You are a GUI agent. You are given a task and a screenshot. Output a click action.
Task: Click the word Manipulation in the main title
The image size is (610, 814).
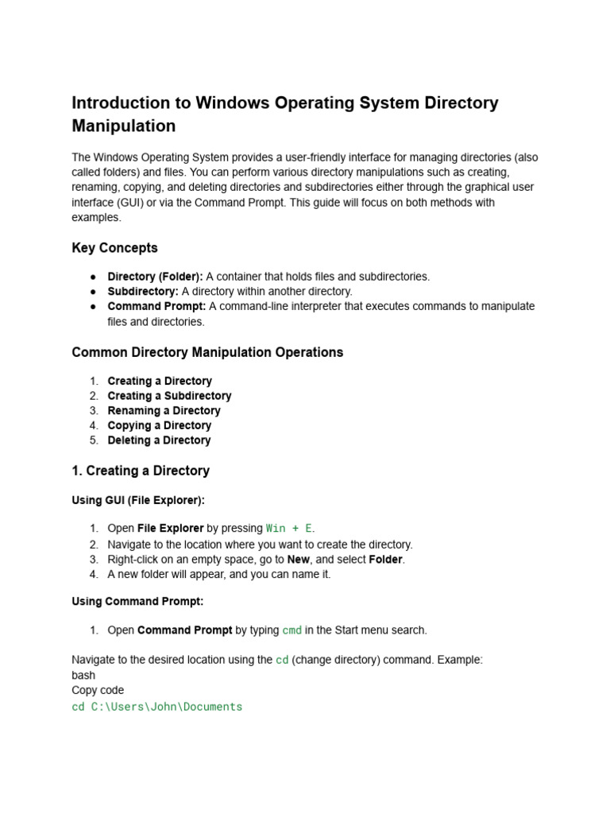pyautogui.click(x=124, y=126)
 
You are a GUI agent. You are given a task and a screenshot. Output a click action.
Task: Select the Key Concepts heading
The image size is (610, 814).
pyautogui.click(x=114, y=247)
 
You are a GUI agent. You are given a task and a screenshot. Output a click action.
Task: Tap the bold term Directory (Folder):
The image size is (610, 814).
pyautogui.click(x=155, y=277)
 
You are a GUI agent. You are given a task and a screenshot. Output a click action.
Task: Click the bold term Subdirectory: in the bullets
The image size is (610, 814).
pyautogui.click(x=143, y=291)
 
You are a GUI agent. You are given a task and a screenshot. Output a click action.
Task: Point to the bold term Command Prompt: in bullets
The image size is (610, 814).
pyautogui.click(x=156, y=306)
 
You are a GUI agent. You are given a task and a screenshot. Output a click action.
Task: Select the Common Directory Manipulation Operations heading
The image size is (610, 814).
pyautogui.click(x=207, y=351)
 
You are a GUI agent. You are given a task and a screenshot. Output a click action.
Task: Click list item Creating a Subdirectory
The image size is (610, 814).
pyautogui.click(x=169, y=396)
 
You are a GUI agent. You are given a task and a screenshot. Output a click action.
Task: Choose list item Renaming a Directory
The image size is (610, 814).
pyautogui.click(x=164, y=410)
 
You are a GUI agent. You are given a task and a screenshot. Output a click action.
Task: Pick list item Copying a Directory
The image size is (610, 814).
pyautogui.click(x=159, y=425)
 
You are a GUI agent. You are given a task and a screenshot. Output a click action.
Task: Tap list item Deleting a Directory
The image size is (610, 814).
pyautogui.click(x=159, y=440)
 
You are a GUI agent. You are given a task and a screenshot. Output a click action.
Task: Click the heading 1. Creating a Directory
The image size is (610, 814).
pyautogui.click(x=141, y=471)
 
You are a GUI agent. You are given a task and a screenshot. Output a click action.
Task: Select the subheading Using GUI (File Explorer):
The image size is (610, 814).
pyautogui.click(x=138, y=500)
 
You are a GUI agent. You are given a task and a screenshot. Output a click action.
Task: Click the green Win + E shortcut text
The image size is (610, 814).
pyautogui.click(x=289, y=529)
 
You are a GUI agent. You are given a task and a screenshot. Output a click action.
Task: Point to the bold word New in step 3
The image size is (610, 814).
pyautogui.click(x=298, y=559)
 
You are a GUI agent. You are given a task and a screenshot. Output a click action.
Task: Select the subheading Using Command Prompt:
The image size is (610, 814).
pyautogui.click(x=137, y=601)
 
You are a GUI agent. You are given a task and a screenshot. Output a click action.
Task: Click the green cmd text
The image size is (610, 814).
pyautogui.click(x=291, y=630)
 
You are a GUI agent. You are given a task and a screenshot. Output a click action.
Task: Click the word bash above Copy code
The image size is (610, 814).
pyautogui.click(x=83, y=675)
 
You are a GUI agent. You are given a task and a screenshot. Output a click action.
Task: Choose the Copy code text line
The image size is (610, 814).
pyautogui.click(x=98, y=690)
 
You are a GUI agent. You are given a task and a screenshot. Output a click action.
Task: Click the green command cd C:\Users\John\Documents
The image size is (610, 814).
pyautogui.click(x=156, y=706)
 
